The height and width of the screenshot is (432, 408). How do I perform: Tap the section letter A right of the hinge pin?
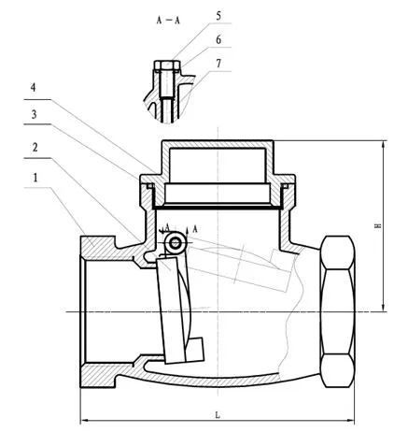(196, 229)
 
